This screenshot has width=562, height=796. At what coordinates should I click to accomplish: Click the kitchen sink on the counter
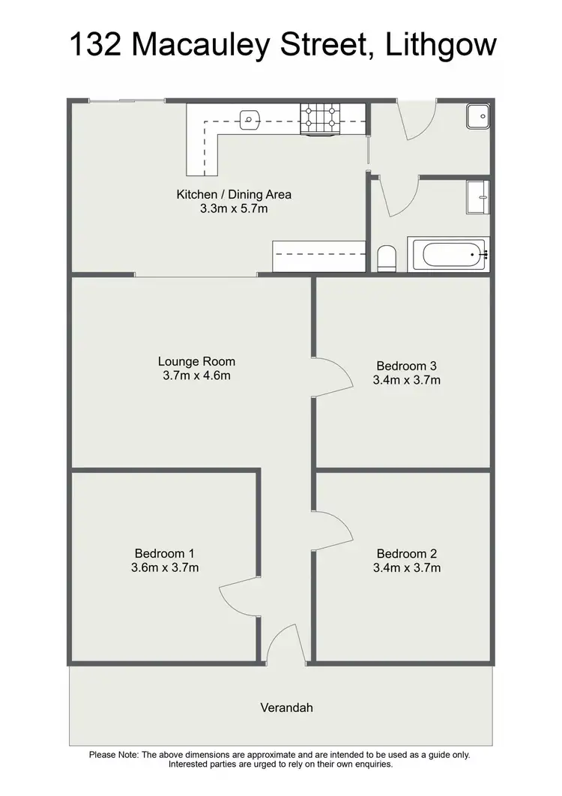(x=250, y=118)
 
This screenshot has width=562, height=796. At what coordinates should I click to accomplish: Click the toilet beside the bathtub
(x=387, y=258)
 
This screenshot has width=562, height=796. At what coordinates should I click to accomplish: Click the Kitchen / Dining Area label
(x=234, y=195)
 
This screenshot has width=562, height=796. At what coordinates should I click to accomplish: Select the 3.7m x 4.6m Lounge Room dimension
(x=196, y=376)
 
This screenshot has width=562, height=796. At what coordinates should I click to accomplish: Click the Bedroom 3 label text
(x=406, y=366)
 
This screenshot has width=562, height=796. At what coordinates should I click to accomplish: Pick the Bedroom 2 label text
(x=406, y=554)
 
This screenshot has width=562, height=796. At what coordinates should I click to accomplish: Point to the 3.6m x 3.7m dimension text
(x=165, y=567)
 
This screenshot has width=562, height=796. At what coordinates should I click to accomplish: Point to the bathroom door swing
(x=397, y=196)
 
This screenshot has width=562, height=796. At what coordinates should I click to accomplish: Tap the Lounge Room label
(x=196, y=361)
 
